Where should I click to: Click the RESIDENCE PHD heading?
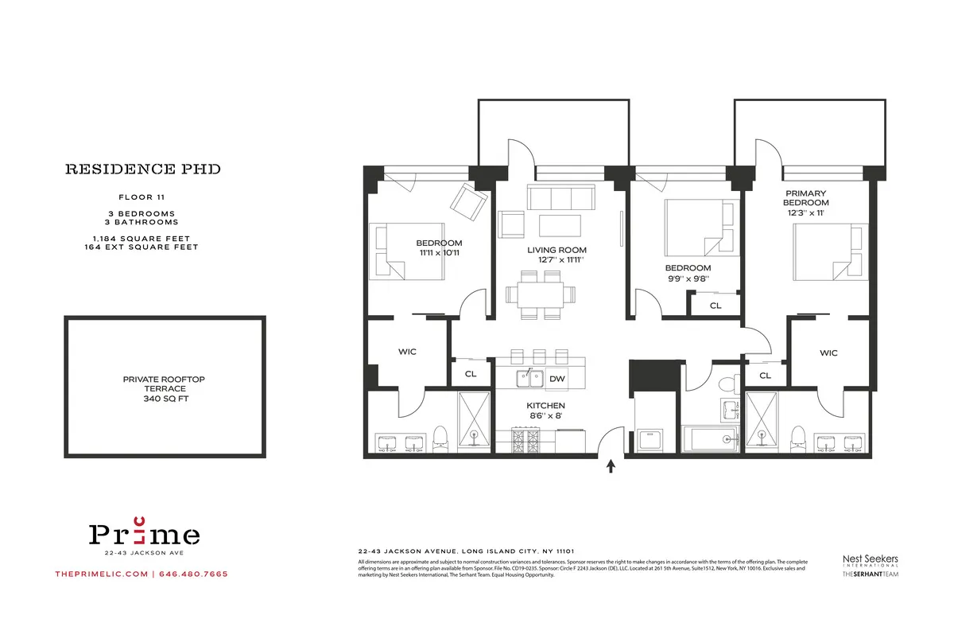click(142, 169)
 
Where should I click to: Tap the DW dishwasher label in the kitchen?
click(557, 379)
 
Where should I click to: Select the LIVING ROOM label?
click(556, 250)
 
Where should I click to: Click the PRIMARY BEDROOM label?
click(806, 198)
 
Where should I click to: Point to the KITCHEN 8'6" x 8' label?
click(545, 410)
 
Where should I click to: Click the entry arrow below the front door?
click(611, 467)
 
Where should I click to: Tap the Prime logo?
click(144, 532)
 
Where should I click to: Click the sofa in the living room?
click(561, 197)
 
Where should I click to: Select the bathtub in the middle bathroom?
click(710, 438)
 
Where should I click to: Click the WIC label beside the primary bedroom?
click(828, 352)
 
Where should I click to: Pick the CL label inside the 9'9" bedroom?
click(715, 305)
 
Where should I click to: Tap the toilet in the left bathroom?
click(440, 438)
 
